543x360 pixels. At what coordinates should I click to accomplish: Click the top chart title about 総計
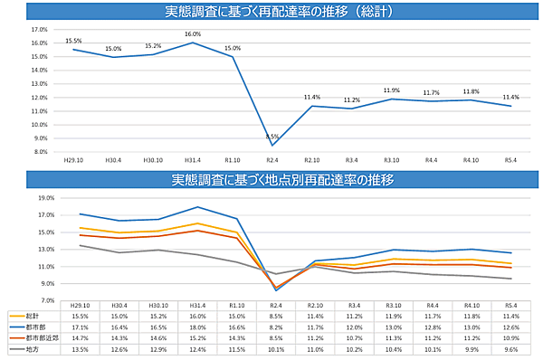click(x=271, y=12)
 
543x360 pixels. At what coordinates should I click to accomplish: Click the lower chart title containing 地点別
click(x=271, y=179)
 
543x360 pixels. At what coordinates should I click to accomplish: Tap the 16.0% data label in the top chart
click(x=193, y=34)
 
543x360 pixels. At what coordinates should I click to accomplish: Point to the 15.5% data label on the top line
click(x=73, y=41)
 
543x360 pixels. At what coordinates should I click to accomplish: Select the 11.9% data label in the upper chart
click(x=391, y=90)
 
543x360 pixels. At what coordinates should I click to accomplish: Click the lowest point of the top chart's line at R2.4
click(x=272, y=145)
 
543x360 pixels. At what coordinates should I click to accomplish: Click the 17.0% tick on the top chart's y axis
click(x=39, y=29)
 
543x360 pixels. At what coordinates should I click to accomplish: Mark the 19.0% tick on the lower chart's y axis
click(x=44, y=197)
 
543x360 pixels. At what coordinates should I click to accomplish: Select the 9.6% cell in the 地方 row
click(x=510, y=347)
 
